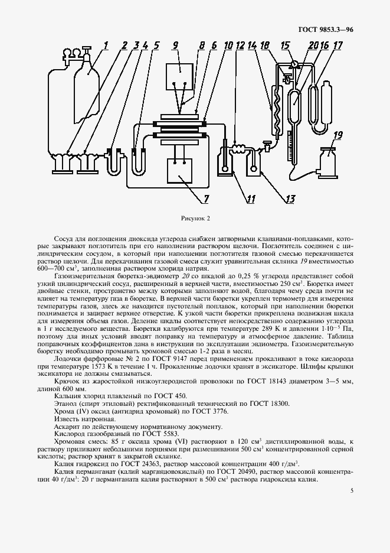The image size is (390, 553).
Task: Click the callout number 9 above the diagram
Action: [175, 45]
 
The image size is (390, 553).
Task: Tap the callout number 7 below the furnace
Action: [207, 199]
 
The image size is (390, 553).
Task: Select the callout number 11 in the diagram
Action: [250, 199]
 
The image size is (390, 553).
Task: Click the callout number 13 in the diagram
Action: [289, 199]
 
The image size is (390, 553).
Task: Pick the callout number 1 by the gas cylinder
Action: [106, 45]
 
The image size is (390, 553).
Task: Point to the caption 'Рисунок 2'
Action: [195, 218]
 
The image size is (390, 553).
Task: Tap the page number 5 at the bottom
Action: [352, 490]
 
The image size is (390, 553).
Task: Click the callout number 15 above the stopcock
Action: [285, 45]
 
